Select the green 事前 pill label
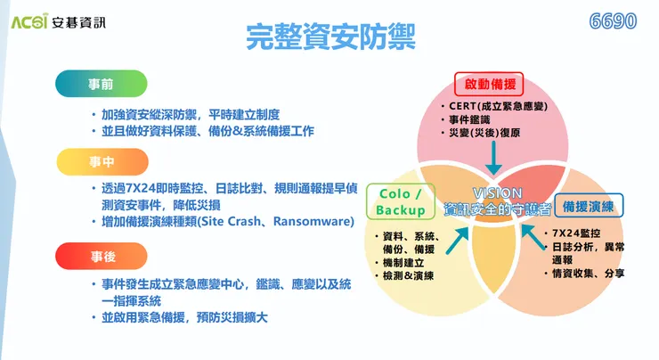pos(101,85)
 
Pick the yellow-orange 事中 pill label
pos(101,162)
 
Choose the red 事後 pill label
pos(101,256)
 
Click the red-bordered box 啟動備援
pos(490,86)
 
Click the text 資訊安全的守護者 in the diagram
pos(498,209)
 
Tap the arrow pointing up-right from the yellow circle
pos(460,237)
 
